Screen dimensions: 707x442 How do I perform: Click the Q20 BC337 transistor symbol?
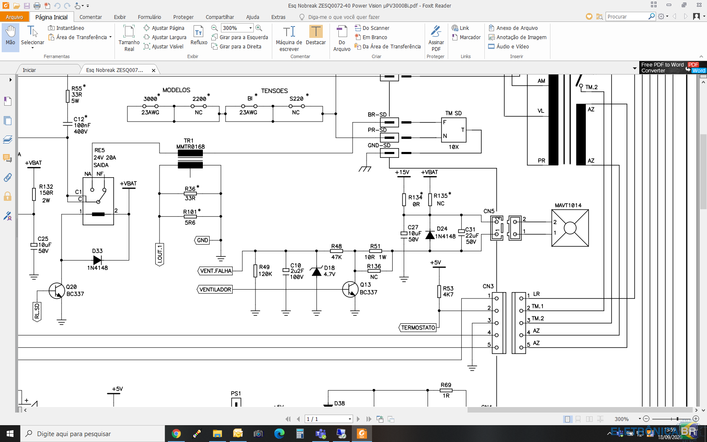pyautogui.click(x=57, y=290)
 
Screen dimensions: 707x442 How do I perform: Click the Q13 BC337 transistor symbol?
pyautogui.click(x=350, y=289)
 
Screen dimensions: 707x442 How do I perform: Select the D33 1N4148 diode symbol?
pyautogui.click(x=97, y=260)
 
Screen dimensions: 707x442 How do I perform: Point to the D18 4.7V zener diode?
pyautogui.click(x=316, y=271)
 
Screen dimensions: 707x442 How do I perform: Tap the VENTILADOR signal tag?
pyautogui.click(x=215, y=290)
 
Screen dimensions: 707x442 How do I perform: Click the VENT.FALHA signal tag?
pyautogui.click(x=215, y=271)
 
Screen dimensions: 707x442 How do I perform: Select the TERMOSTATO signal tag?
pyautogui.click(x=418, y=328)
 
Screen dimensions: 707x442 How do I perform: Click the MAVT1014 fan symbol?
pyautogui.click(x=570, y=228)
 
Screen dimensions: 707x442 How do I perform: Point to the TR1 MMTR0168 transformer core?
pyautogui.click(x=190, y=159)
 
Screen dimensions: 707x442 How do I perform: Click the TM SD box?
pyautogui.click(x=454, y=130)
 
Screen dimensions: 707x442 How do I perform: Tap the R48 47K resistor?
pyautogui.click(x=337, y=251)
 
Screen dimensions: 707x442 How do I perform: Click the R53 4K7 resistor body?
pyautogui.click(x=439, y=291)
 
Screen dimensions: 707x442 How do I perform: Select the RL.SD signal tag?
pyautogui.click(x=37, y=312)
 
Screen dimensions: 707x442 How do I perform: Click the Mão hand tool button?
pyautogui.click(x=10, y=36)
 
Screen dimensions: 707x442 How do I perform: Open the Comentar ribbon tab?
pyautogui.click(x=90, y=17)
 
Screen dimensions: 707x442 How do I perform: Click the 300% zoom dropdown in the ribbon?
pyautogui.click(x=237, y=28)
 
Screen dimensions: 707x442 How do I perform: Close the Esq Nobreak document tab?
pyautogui.click(x=153, y=70)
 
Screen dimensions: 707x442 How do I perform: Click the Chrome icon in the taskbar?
pyautogui.click(x=176, y=434)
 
